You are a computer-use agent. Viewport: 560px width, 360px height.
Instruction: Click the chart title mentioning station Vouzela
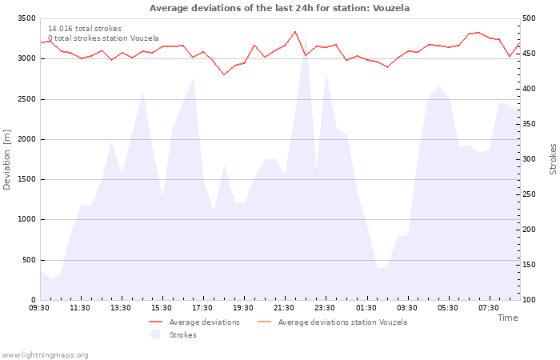coord(279,8)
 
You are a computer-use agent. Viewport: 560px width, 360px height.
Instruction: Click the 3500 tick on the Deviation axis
coord(27,18)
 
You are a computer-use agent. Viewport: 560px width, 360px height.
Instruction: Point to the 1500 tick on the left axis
coord(27,179)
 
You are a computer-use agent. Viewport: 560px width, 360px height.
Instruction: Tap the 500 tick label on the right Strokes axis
coord(529,18)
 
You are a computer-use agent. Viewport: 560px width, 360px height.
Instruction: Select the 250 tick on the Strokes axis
coord(529,194)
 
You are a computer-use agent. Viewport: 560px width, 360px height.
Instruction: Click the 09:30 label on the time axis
coord(39,308)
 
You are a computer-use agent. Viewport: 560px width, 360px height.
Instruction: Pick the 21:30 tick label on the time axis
coord(284,308)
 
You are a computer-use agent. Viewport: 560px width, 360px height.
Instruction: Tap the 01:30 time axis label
coord(366,308)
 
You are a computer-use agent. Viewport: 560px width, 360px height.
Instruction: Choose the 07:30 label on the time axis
coord(489,308)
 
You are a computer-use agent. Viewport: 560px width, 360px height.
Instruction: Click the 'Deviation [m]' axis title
coord(6,160)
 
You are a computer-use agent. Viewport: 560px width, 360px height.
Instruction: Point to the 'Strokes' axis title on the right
coord(553,159)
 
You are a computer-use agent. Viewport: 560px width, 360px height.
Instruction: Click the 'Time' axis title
coord(507,318)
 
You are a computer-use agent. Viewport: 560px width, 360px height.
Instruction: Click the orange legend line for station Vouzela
coord(264,322)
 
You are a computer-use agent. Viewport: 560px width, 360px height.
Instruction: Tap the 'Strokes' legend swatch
coord(155,334)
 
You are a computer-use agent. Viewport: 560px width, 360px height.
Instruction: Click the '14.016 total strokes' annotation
coord(85,29)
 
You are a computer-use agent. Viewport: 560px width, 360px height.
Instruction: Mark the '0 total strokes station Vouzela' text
coord(103,38)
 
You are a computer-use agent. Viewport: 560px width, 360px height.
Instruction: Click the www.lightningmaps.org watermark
coord(45,355)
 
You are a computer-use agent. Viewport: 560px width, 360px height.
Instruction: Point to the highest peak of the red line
coord(295,31)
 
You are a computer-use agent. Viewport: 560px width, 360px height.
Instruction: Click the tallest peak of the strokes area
coord(306,37)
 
